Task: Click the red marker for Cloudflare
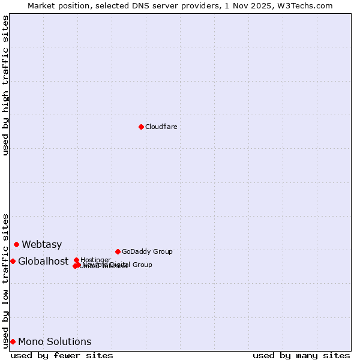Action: [141, 127]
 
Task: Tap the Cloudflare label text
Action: [161, 127]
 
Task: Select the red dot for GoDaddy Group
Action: [118, 251]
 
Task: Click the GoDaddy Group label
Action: [147, 251]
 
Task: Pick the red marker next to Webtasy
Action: [16, 244]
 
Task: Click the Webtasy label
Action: [41, 244]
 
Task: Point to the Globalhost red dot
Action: [13, 261]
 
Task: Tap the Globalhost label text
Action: [43, 261]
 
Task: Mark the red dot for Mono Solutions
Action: [13, 341]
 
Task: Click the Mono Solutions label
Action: [55, 341]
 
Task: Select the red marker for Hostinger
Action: [76, 260]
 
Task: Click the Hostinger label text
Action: [95, 260]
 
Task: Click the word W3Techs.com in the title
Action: [308, 5]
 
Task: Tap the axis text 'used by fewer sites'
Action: [62, 355]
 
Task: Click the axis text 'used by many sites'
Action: [301, 355]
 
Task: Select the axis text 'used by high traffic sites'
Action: [5, 85]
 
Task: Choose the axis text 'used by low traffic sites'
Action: [5, 280]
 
